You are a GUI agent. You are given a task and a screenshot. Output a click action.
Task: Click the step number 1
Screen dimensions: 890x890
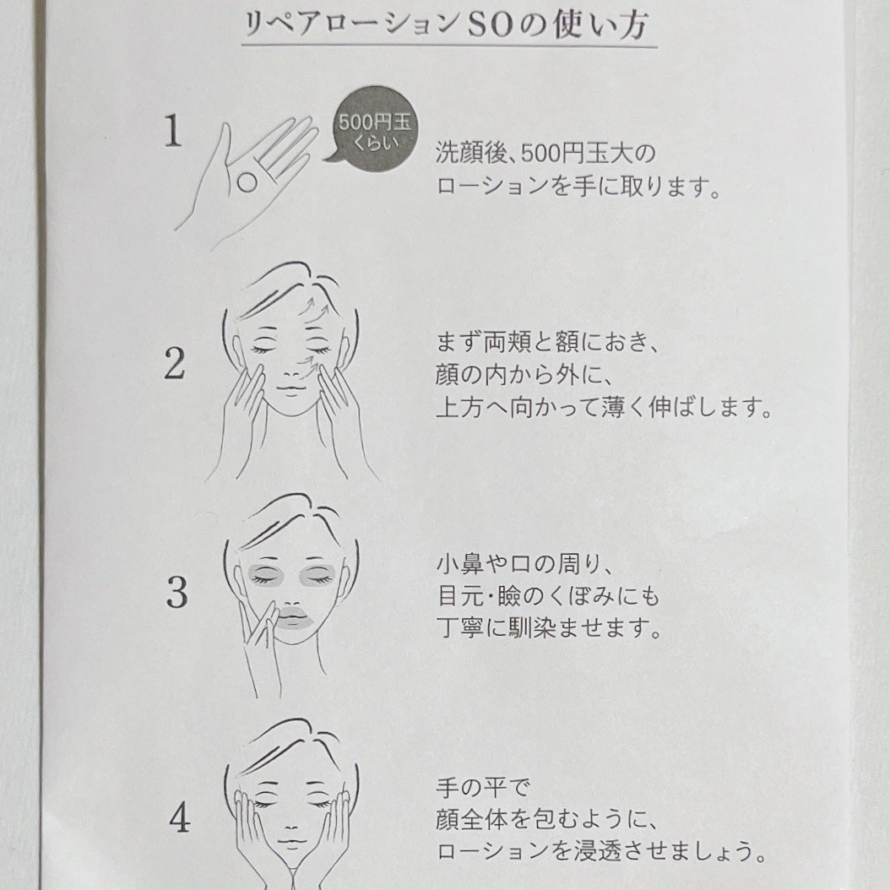click(x=173, y=131)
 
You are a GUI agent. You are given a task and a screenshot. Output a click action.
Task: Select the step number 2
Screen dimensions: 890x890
click(x=175, y=364)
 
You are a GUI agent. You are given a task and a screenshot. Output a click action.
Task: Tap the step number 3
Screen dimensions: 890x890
click(x=177, y=593)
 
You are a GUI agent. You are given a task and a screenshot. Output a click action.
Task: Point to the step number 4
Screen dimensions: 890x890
click(x=179, y=818)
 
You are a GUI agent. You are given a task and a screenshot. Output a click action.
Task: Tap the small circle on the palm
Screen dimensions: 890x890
click(x=247, y=182)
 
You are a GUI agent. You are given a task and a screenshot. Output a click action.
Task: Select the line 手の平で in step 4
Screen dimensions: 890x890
click(x=483, y=788)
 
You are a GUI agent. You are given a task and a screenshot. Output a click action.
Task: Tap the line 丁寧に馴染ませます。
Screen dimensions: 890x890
click(x=549, y=628)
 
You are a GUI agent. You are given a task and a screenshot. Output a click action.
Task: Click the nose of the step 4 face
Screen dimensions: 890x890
click(x=291, y=823)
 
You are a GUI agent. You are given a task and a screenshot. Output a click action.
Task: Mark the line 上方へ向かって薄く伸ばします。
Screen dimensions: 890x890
click(x=605, y=408)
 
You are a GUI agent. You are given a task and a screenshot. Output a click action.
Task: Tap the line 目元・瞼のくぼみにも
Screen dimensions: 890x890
click(x=548, y=596)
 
